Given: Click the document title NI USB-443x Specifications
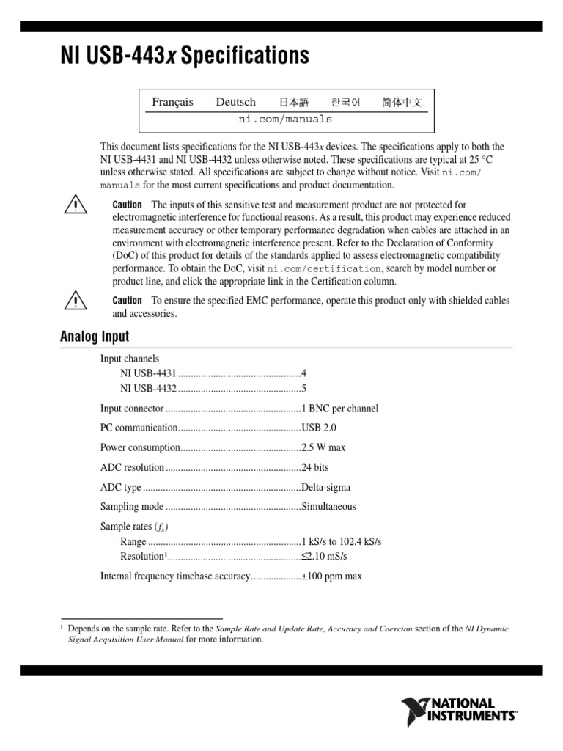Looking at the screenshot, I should click(184, 56).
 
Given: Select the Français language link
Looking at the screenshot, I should click(172, 102).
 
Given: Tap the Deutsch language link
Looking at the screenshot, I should click(235, 102).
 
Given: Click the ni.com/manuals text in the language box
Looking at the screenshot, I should click(285, 119).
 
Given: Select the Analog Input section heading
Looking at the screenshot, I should click(94, 337).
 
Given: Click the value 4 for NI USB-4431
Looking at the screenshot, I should click(304, 373).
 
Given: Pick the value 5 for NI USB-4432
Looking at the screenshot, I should click(304, 388).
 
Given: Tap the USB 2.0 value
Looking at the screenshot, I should click(319, 428).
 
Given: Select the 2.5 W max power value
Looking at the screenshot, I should click(323, 447).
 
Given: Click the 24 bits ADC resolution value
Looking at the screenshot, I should click(315, 467).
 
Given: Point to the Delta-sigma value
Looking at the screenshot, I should click(326, 487).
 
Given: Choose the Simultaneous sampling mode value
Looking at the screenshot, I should click(329, 507).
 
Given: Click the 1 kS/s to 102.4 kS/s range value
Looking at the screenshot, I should click(342, 541).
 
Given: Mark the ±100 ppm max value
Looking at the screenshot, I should click(332, 576).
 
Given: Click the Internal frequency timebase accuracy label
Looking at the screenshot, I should click(175, 576).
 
